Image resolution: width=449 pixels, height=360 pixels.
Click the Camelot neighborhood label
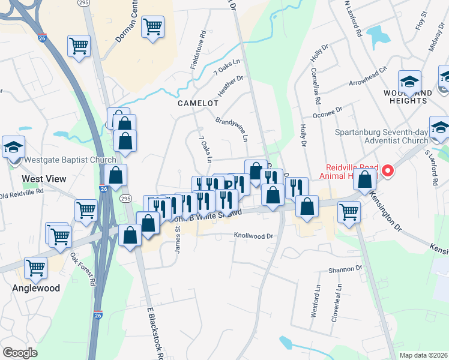(197, 103)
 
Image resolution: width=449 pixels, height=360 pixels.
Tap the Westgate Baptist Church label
(61, 160)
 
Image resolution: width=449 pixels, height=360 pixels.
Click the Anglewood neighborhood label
(37, 288)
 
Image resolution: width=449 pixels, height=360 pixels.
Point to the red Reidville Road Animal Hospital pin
(388, 171)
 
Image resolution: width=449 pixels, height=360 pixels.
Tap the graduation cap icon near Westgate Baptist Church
(13, 146)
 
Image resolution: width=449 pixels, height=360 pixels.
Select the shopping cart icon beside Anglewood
(35, 267)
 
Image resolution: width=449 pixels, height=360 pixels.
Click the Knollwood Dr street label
(253, 236)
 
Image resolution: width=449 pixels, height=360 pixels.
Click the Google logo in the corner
(20, 352)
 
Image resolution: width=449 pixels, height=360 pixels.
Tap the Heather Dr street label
(230, 86)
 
